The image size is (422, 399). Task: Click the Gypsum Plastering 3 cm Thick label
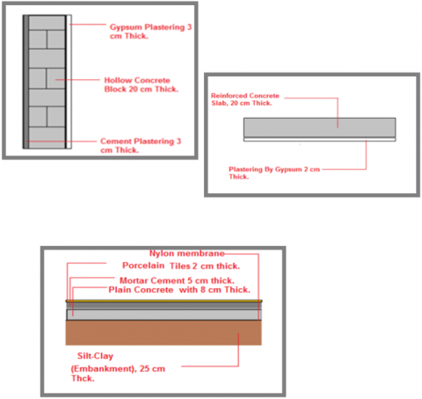click(150, 32)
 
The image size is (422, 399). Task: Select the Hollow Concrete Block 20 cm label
click(142, 84)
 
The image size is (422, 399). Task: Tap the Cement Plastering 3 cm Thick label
click(141, 145)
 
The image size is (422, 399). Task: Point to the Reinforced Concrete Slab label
click(245, 99)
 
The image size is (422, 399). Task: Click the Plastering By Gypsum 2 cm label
click(274, 173)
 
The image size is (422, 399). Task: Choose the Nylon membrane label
click(187, 253)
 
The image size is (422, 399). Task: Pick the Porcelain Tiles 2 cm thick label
click(181, 265)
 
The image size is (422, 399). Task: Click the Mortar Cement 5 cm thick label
click(177, 280)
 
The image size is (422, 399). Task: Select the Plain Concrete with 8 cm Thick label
click(179, 290)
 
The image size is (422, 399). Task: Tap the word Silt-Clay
click(95, 356)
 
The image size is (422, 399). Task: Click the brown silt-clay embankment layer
click(164, 332)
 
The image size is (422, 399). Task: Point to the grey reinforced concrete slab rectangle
click(320, 127)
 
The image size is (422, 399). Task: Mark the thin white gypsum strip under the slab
click(320, 140)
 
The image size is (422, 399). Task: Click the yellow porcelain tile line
click(164, 301)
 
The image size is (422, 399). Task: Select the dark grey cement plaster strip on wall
click(25, 82)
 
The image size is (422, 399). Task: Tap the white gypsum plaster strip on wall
click(69, 82)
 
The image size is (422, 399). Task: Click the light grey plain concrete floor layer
click(164, 315)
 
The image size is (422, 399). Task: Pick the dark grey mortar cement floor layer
click(164, 305)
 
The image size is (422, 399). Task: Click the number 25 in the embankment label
click(144, 368)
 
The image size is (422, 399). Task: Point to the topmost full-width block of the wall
click(47, 22)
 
